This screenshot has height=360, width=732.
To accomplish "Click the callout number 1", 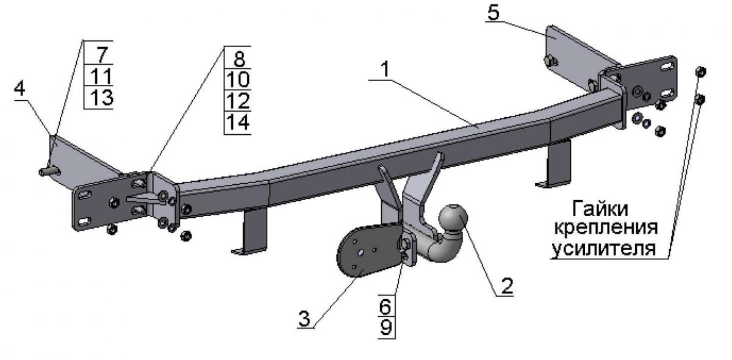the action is click(386, 70).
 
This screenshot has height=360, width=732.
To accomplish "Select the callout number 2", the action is click(506, 286).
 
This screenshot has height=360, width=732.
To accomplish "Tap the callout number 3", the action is click(304, 319).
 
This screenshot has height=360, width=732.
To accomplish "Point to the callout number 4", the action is click(20, 88).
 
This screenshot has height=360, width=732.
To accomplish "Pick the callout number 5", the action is click(493, 13).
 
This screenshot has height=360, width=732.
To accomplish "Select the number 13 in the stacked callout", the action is click(102, 98).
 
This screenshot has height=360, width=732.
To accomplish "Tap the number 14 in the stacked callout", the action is click(238, 122).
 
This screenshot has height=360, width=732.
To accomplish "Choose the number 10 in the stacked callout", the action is click(238, 79).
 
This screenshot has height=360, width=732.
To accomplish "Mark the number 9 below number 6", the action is click(386, 327).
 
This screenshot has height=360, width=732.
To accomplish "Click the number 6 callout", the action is click(386, 306).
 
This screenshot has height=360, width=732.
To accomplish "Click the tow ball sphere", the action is click(453, 218).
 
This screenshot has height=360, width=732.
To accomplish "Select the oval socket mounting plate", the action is click(369, 250).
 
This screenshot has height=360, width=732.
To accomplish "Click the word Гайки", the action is click(600, 209).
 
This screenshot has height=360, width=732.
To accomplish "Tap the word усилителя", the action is click(604, 248).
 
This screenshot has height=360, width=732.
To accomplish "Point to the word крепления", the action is click(606, 228).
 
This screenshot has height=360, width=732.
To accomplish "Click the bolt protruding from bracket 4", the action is click(49, 171).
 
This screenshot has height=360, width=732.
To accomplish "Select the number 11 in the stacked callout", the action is click(101, 76).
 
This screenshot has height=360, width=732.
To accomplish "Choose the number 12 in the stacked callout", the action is click(238, 101).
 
